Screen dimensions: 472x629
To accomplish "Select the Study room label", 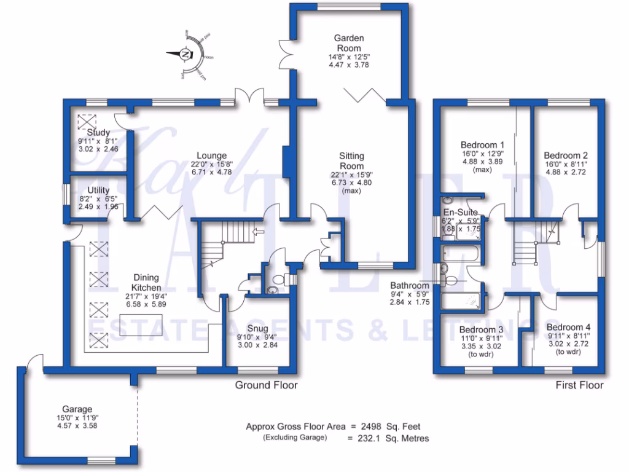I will pyautogui.click(x=98, y=133).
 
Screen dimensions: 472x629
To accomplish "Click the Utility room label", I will pyautogui.click(x=98, y=191).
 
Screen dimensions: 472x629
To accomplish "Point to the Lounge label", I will pyautogui.click(x=212, y=155).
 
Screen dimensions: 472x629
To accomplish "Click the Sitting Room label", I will pyautogui.click(x=352, y=161).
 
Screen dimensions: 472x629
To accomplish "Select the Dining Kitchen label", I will pyautogui.click(x=146, y=283).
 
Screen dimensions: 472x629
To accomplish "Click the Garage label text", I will pyautogui.click(x=77, y=409).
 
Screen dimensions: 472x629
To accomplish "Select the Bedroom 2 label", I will pyautogui.click(x=568, y=155).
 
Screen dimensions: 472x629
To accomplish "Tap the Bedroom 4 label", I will pyautogui.click(x=568, y=327).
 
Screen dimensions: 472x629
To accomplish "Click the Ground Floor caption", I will pyautogui.click(x=266, y=385).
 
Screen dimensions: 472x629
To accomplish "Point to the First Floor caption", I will pyautogui.click(x=579, y=385).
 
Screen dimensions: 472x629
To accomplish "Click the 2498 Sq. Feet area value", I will pyautogui.click(x=393, y=426).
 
